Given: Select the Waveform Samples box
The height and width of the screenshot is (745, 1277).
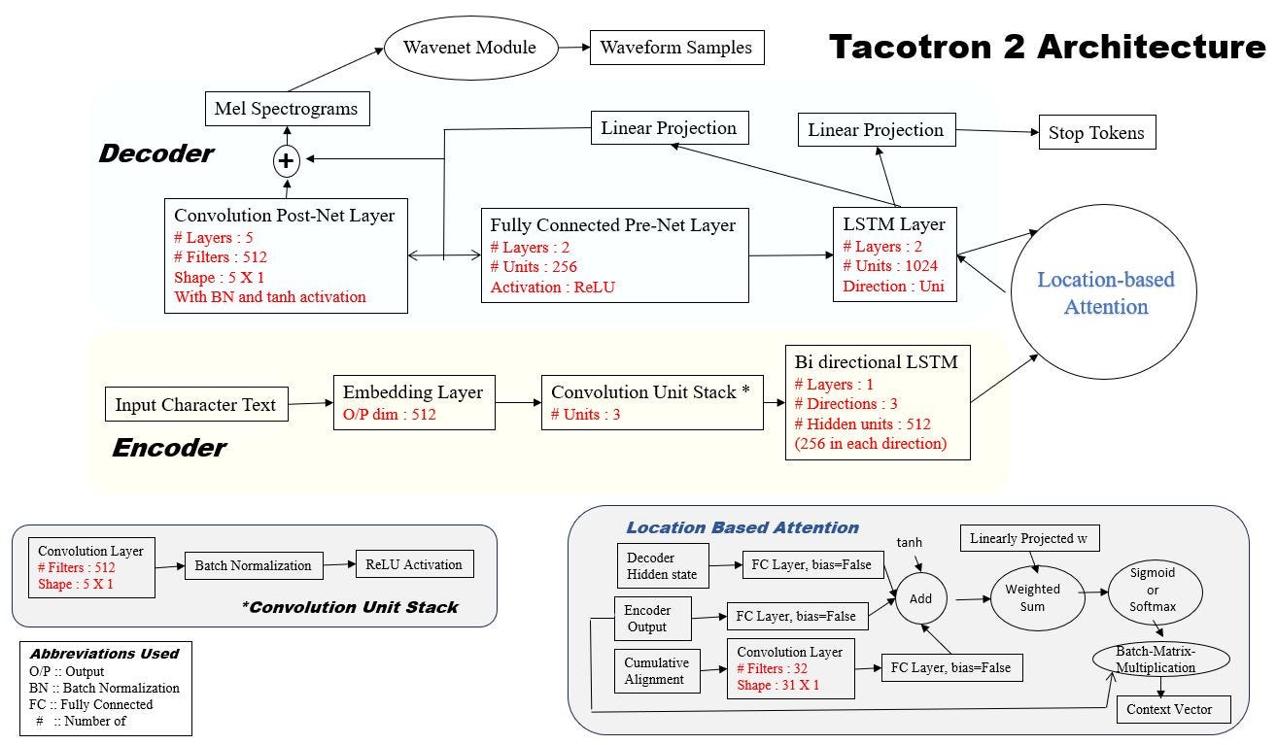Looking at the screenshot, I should click(676, 48).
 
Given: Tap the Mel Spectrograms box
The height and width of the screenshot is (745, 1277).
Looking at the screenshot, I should click(286, 109).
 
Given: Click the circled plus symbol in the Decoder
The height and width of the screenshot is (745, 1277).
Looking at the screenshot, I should click(287, 161).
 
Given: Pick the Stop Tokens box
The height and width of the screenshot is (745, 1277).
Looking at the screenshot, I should click(1096, 134).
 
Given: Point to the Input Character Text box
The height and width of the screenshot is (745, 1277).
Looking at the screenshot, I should click(196, 404).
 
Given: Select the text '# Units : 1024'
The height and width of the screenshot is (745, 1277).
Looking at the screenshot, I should click(892, 267).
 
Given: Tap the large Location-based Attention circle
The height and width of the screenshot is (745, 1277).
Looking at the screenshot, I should click(1106, 293).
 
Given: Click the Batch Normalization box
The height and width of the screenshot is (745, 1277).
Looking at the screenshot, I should click(253, 565).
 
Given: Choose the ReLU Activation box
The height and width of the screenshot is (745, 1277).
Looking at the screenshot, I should click(414, 564).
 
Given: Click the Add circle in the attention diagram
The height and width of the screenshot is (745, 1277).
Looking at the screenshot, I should click(919, 600).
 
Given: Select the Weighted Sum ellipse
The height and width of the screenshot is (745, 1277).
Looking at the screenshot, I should click(1033, 597).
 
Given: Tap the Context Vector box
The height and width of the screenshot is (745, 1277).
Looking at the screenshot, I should click(1169, 709).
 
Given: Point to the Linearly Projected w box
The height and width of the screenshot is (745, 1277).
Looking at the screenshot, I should click(1028, 539).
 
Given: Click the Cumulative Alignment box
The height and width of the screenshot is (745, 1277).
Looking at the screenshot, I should click(656, 671).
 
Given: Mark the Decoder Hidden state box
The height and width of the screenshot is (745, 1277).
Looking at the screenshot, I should click(663, 565).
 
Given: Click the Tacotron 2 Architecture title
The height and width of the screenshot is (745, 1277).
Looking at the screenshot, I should click(1047, 47).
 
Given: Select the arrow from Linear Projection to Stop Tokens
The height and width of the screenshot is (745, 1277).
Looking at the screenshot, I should click(996, 131).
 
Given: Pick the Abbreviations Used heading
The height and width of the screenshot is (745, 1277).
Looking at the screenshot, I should click(104, 654).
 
